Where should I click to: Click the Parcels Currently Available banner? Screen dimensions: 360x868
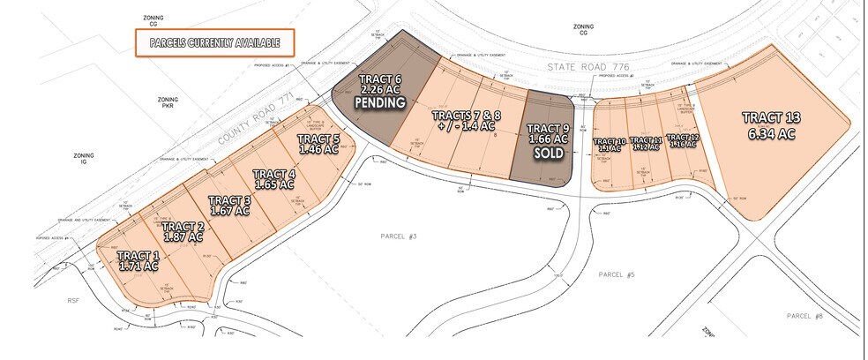pyautogui.click(x=213, y=41)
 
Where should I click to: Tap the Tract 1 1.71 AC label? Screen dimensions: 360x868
pyautogui.click(x=138, y=259)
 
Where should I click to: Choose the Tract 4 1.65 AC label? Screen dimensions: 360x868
pyautogui.click(x=273, y=179)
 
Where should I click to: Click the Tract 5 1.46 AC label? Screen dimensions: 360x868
pyautogui.click(x=318, y=144)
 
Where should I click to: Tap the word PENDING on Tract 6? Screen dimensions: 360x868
pyautogui.click(x=379, y=102)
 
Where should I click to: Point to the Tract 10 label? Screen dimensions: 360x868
pyautogui.click(x=610, y=145)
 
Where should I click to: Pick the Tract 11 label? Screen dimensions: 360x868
pyautogui.click(x=647, y=143)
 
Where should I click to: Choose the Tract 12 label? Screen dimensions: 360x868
pyautogui.click(x=683, y=141)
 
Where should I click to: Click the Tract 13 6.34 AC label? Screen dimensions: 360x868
pyautogui.click(x=770, y=125)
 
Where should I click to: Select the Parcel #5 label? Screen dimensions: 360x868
pyautogui.click(x=617, y=275)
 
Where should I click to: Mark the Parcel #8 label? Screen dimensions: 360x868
pyautogui.click(x=803, y=315)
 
